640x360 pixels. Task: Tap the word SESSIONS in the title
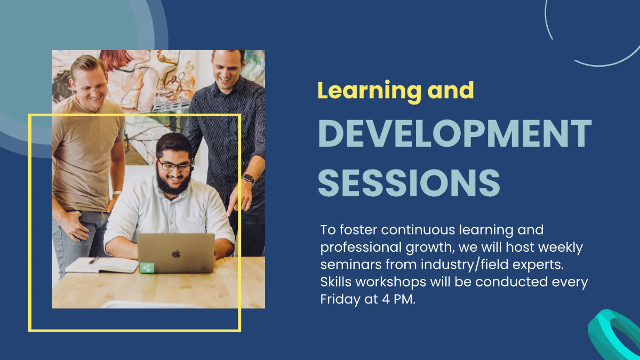409,182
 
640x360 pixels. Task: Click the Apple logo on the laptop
176,253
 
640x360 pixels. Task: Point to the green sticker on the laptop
147,268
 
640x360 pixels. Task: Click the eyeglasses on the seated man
175,166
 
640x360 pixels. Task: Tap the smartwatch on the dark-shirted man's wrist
248,179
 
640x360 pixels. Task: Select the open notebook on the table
101,265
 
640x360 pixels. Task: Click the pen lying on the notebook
94,260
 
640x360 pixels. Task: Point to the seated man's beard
173,184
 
